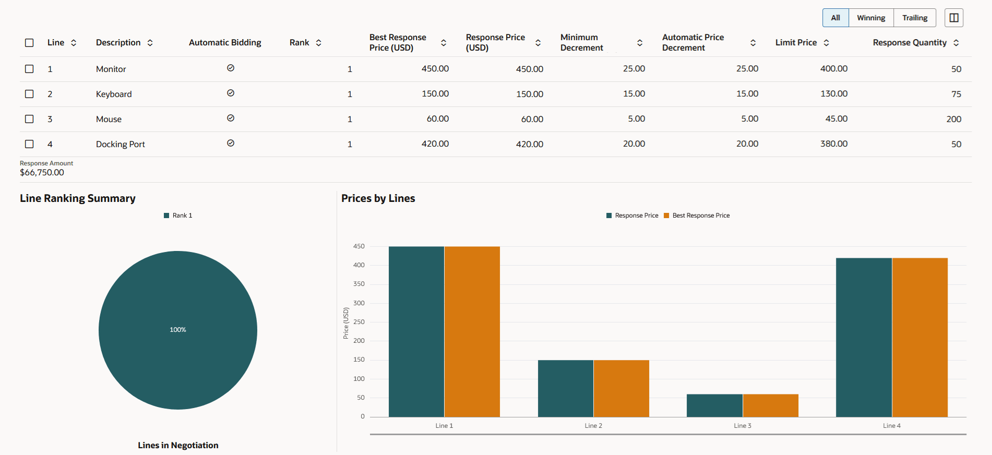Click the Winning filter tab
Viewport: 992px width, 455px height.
[871, 18]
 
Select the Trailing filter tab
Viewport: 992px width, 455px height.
[915, 18]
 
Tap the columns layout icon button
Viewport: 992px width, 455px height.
[954, 18]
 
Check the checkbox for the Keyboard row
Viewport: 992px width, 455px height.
[29, 94]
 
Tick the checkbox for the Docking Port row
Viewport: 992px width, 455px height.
[29, 144]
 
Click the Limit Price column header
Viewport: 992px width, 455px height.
[796, 43]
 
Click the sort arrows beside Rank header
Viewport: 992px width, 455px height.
[319, 43]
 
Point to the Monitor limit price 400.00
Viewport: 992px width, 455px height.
[833, 69]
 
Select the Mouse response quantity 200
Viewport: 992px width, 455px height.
[953, 119]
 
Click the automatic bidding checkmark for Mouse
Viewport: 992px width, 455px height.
[231, 118]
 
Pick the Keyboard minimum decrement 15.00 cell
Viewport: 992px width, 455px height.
[634, 94]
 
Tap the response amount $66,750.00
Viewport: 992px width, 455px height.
[42, 173]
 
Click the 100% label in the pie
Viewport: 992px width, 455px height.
[178, 330]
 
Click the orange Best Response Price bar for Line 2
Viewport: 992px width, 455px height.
[622, 388]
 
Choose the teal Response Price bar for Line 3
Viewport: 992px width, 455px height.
[714, 405]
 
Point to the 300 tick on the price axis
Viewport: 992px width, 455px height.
[359, 303]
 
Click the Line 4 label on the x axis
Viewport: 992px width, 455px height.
[891, 426]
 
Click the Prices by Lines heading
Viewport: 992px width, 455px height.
[378, 198]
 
